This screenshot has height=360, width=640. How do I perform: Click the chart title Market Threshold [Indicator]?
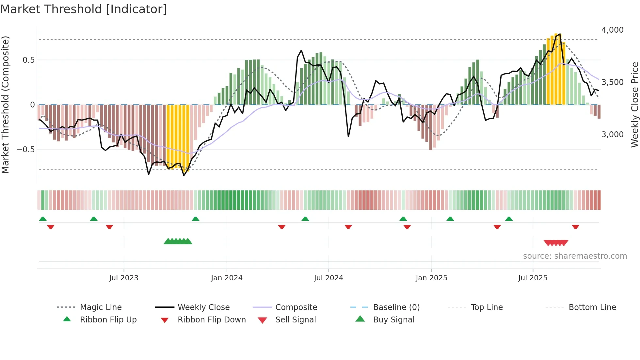[84, 9]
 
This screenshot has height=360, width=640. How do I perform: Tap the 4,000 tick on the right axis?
[612, 30]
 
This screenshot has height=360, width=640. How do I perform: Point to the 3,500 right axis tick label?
[612, 82]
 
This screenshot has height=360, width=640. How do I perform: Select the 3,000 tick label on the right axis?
[612, 135]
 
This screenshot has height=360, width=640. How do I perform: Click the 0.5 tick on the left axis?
[28, 60]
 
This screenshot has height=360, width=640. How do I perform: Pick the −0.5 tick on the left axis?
[26, 150]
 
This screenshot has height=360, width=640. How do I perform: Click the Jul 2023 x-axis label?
[124, 278]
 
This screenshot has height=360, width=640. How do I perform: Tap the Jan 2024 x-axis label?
[227, 278]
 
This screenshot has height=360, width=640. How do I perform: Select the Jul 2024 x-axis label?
[328, 278]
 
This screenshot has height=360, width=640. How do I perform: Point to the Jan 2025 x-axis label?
[431, 278]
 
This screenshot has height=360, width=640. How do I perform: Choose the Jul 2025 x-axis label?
[533, 278]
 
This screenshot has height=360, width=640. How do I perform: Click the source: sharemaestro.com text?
[575, 256]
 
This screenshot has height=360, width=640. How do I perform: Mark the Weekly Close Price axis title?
[634, 105]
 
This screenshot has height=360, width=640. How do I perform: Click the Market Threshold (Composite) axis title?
[5, 105]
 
